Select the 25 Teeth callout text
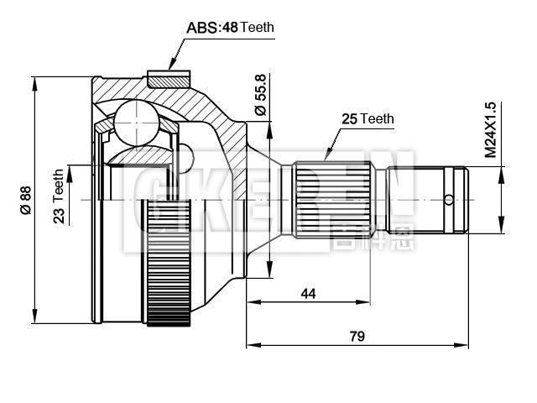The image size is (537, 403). click(368, 119)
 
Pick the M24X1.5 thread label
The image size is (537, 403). click(491, 130)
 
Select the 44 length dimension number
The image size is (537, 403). click(308, 293)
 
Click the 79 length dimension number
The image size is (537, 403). click(357, 336)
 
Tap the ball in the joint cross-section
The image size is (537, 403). click(135, 123)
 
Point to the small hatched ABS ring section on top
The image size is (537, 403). click(169, 80)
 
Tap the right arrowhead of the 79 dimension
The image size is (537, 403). click(466, 344)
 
